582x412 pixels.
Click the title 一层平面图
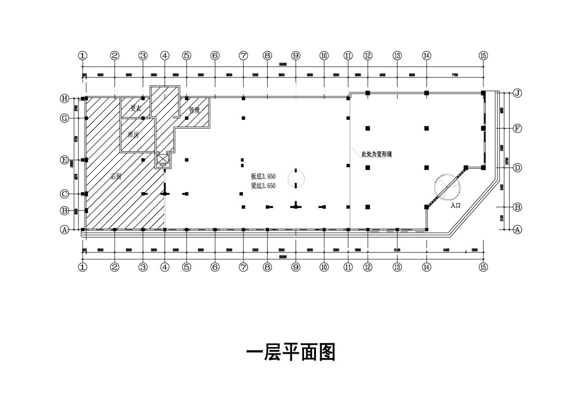[x=291, y=352]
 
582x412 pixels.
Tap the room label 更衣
[x=136, y=108]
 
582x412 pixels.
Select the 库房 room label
[x=133, y=135]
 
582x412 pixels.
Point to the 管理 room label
[x=194, y=110]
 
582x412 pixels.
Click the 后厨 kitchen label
[x=116, y=176]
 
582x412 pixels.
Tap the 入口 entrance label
[x=455, y=206]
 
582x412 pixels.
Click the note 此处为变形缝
[x=377, y=154]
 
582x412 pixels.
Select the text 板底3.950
[x=263, y=176]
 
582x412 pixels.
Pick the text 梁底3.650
[x=263, y=186]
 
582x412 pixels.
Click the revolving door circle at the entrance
[x=447, y=186]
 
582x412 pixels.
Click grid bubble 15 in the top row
[x=483, y=56]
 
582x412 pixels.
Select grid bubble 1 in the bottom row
[x=83, y=267]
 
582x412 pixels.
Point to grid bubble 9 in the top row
[x=296, y=56]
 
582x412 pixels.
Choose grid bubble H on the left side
[x=65, y=98]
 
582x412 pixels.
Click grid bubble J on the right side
[x=517, y=93]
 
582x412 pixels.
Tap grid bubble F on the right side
[x=517, y=128]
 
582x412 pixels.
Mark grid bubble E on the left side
[x=65, y=160]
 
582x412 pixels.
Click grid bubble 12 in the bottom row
[x=367, y=267]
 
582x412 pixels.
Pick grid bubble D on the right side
[x=517, y=168]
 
